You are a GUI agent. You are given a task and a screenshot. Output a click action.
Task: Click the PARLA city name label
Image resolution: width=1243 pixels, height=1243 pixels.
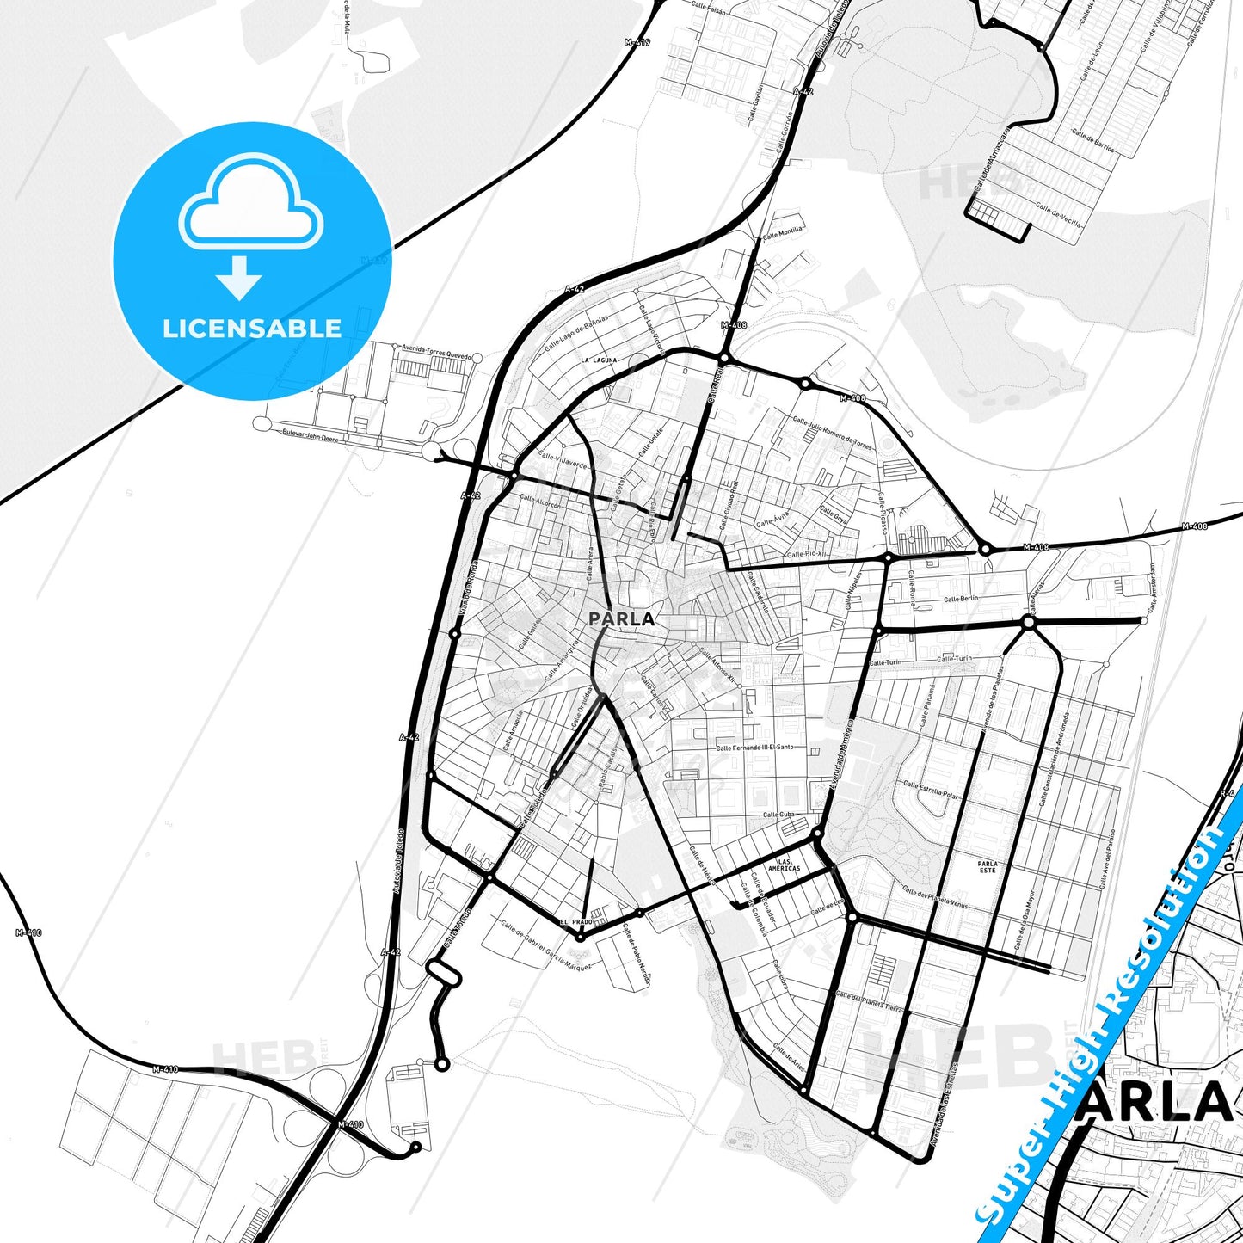621,618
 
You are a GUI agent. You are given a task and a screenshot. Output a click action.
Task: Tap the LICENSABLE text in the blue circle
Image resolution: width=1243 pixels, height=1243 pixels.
252,328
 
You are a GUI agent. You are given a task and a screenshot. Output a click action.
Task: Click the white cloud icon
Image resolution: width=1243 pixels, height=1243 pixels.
250,205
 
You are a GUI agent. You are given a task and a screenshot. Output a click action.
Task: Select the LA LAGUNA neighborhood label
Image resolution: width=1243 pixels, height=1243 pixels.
599,360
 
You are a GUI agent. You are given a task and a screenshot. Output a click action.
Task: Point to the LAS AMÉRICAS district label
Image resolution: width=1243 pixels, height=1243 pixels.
784,865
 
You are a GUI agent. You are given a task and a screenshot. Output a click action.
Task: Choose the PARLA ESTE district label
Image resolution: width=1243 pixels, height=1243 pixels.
988,867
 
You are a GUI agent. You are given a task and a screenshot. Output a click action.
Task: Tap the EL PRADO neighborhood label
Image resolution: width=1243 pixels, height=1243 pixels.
575,922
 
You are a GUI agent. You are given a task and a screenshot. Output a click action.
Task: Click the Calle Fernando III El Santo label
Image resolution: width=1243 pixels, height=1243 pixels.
755,748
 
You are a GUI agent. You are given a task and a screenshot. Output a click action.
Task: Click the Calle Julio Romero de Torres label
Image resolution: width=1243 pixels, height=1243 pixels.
832,434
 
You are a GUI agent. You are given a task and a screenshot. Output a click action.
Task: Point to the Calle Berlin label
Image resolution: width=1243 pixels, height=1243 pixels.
961,599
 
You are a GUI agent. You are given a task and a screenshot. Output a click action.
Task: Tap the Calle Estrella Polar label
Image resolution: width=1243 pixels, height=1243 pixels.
930,790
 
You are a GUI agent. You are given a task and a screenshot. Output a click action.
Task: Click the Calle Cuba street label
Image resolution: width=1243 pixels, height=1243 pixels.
778,815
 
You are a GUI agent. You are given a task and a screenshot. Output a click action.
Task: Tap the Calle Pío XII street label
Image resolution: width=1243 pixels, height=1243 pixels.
806,555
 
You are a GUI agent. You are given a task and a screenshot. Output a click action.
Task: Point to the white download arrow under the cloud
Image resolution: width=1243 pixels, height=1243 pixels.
239,277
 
